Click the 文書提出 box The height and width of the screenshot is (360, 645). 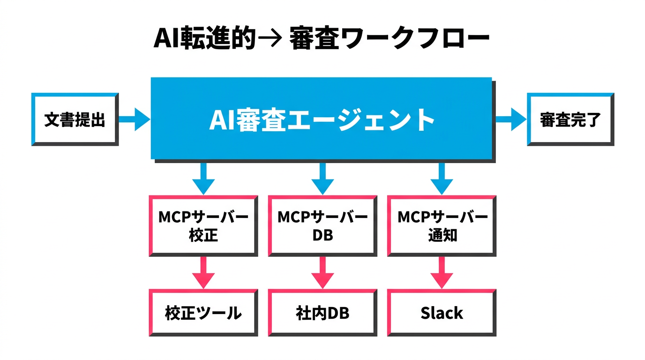pyautogui.click(x=75, y=120)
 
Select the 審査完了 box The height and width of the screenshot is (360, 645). pyautogui.click(x=570, y=120)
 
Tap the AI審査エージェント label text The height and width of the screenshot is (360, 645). pyautogui.click(x=322, y=120)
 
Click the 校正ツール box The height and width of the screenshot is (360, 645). pyautogui.click(x=203, y=313)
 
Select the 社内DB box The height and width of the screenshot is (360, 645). pyautogui.click(x=322, y=313)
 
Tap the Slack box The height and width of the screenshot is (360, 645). pyautogui.click(x=442, y=313)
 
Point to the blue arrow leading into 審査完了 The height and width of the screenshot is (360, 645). pyautogui.click(x=511, y=119)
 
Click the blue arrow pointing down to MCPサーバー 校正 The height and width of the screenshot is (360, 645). pyautogui.click(x=203, y=178)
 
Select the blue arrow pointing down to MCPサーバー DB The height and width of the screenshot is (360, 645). pyautogui.click(x=322, y=178)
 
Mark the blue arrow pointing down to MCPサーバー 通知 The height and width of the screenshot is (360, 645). pyautogui.click(x=442, y=178)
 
